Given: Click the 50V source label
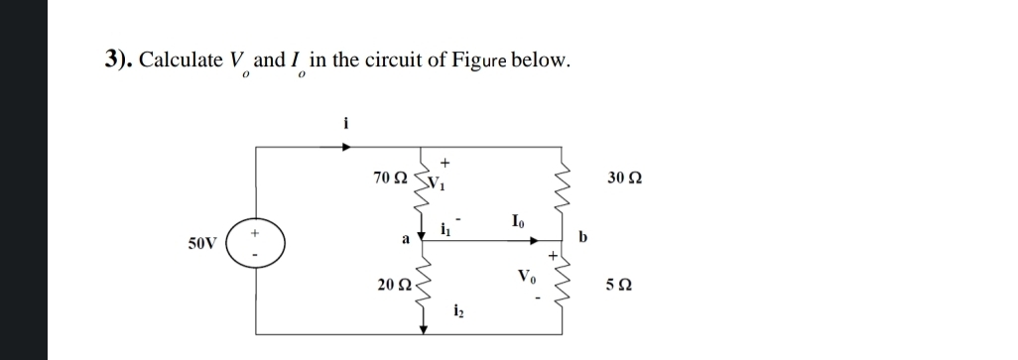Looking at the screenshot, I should tap(201, 241).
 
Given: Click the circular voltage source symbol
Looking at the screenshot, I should tap(256, 240).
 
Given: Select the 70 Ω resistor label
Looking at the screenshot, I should tap(389, 178).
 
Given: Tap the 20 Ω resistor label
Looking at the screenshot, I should tap(393, 285).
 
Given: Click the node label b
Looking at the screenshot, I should tap(582, 238).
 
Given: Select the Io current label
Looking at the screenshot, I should tap(518, 221).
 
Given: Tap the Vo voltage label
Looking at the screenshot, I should tap(525, 277).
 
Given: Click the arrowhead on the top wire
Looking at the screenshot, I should tap(346, 147).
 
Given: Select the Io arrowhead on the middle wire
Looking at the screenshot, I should tap(535, 239).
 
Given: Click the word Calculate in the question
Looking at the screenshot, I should tap(181, 60).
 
